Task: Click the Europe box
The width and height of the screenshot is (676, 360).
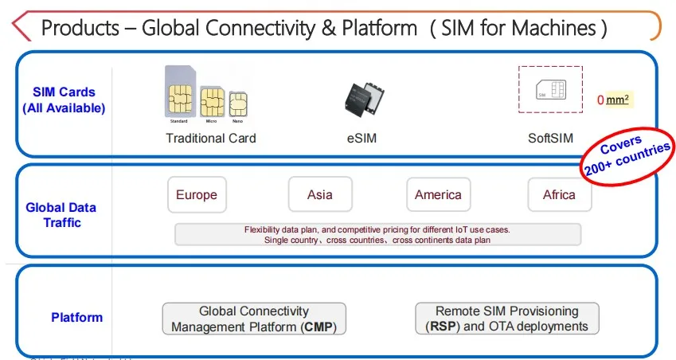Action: click(x=196, y=195)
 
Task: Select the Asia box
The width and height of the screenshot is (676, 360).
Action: click(x=319, y=195)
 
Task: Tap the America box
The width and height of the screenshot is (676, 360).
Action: click(x=438, y=195)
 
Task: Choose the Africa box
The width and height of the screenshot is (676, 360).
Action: click(x=559, y=195)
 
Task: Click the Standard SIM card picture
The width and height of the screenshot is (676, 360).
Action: click(x=180, y=93)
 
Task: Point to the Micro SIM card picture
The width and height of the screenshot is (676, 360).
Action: click(x=211, y=103)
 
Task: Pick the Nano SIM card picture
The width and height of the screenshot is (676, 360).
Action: click(x=237, y=105)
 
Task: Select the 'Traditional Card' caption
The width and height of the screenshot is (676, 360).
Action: click(x=211, y=139)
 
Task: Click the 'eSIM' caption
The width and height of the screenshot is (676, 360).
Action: click(x=361, y=139)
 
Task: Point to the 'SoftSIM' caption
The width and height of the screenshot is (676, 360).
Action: click(x=550, y=139)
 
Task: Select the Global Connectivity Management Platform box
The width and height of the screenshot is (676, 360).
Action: click(x=254, y=319)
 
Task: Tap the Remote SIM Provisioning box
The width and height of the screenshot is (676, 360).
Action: click(x=506, y=319)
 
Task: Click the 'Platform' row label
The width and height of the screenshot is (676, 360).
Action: click(x=77, y=318)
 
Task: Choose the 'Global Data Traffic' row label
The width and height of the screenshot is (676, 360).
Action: click(x=61, y=215)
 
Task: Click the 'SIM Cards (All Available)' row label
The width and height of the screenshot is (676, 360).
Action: click(x=64, y=100)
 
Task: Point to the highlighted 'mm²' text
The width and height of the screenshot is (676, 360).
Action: click(x=619, y=100)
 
